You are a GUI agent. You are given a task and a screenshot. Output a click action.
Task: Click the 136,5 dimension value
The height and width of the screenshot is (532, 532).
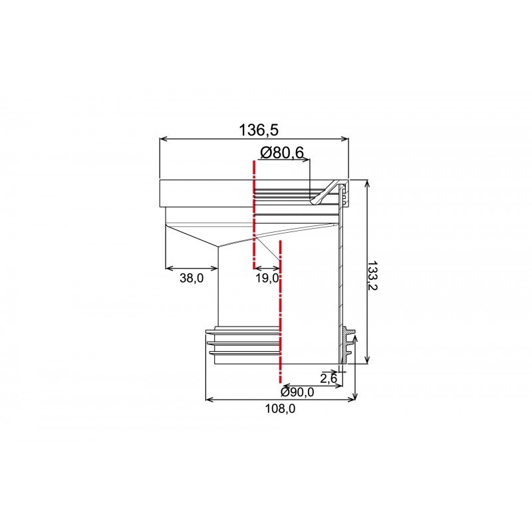259,130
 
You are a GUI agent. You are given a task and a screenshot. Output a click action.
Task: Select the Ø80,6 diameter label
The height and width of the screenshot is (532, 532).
281,153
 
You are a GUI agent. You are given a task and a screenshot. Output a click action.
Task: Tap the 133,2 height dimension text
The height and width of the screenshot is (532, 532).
372,275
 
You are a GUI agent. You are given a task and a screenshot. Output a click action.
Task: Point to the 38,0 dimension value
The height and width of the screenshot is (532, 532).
192,278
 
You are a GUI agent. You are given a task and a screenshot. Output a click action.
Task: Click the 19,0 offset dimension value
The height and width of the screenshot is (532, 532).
267,278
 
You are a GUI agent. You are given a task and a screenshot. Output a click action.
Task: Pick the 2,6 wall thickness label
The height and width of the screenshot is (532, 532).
328,378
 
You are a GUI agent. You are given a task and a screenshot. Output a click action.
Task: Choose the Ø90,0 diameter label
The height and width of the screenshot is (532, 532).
297,392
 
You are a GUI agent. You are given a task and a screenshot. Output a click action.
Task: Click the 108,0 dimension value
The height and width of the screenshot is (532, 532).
280,409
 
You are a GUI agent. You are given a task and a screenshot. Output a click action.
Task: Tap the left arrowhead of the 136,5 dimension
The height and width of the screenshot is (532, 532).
163,138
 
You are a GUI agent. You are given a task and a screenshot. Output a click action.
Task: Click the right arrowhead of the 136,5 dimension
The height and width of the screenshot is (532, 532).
345,138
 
